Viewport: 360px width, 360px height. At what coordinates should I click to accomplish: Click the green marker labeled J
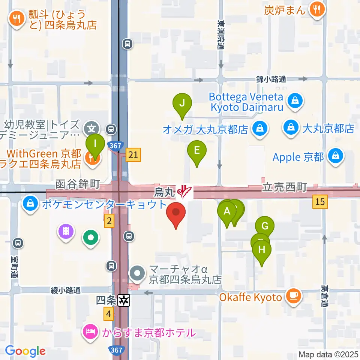click(182, 103)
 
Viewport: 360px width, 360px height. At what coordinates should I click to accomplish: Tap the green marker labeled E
click(196, 150)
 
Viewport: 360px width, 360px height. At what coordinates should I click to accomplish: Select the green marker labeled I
click(95, 144)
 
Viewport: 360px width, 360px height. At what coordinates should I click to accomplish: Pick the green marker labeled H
click(262, 249)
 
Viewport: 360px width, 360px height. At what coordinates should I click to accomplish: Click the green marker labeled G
click(265, 226)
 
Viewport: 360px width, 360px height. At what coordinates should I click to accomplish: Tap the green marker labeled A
click(226, 211)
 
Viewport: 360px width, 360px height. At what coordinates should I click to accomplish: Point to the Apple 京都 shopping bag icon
click(335, 156)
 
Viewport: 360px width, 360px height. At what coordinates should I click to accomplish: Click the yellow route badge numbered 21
click(133, 155)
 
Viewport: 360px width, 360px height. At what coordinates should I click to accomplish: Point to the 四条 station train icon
click(123, 300)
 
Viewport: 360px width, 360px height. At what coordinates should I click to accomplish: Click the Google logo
click(25, 351)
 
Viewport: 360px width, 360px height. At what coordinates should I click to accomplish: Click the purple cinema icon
click(66, 230)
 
